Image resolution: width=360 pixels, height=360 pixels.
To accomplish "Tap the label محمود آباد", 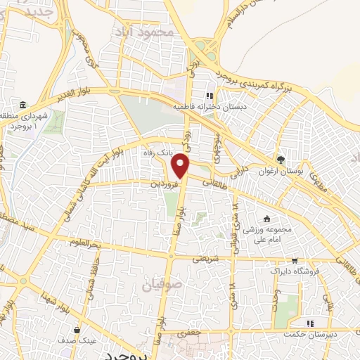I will click(146, 32).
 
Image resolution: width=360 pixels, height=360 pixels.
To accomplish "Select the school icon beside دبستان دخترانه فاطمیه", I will click(209, 96).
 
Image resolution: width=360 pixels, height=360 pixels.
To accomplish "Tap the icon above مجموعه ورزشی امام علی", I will click(266, 218).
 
